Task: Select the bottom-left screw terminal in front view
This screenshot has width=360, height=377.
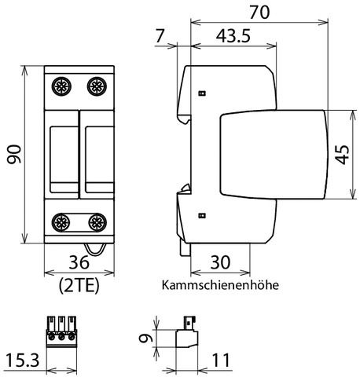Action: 60,221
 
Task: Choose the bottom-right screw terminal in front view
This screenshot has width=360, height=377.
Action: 96,221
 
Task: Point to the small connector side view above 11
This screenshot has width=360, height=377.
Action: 187,333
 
